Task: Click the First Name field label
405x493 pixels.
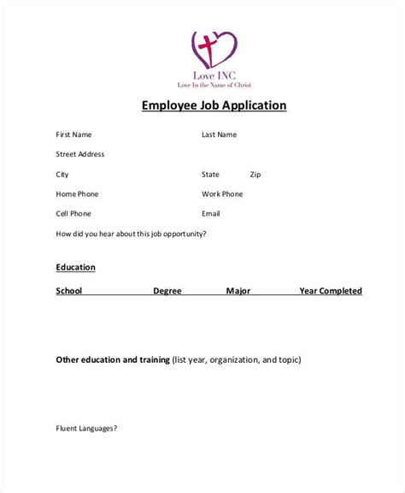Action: point(73,135)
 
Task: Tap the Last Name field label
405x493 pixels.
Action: point(220,135)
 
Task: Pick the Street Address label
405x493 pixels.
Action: point(80,155)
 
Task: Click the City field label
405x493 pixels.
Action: point(62,175)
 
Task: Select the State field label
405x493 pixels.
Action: point(210,175)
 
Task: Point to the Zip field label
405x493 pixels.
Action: point(255,175)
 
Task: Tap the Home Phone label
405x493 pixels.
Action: point(78,194)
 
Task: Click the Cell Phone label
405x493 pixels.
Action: point(73,214)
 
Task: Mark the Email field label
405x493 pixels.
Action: point(211,214)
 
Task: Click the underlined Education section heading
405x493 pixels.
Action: point(76,267)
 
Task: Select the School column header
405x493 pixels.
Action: point(69,291)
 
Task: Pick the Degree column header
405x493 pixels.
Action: point(167,291)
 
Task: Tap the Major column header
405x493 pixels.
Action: point(238,291)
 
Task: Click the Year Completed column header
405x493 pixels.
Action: point(331,291)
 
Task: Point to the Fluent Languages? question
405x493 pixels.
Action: point(86,452)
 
